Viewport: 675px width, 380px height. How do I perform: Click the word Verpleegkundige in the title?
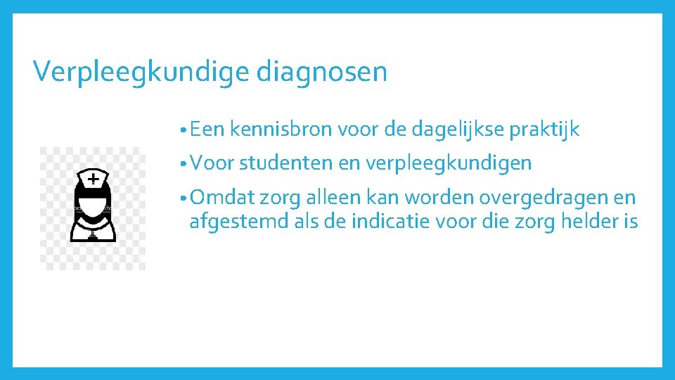(x=141, y=72)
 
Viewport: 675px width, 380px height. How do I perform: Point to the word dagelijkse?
(x=446, y=129)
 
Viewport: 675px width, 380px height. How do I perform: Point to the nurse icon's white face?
(x=92, y=202)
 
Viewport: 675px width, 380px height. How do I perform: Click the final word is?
(x=631, y=222)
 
